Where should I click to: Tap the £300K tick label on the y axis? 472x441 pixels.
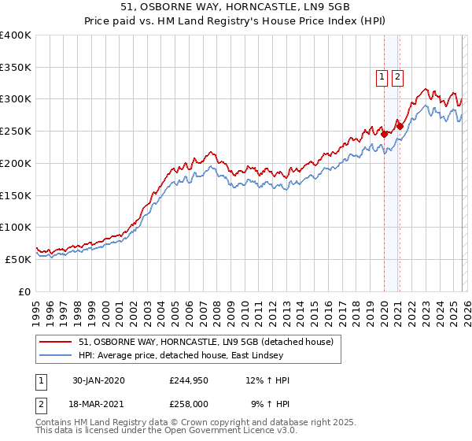16,99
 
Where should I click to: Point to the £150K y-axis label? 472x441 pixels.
16,195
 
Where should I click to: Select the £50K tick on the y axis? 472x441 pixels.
17,259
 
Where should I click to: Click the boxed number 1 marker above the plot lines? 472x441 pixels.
382,76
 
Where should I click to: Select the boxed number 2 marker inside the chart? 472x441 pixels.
397,76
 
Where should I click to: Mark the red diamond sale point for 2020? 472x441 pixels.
384,134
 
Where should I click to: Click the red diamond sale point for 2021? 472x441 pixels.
400,125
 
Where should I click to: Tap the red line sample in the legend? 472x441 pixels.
57,342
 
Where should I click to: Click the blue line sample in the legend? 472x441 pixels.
57,355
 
